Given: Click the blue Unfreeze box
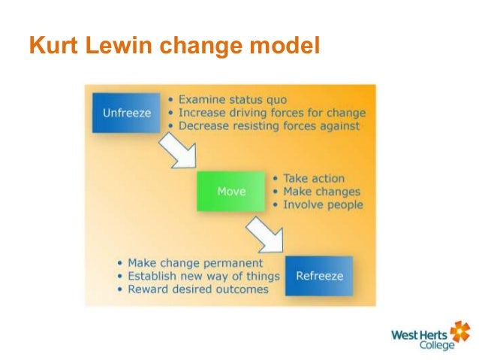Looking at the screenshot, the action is pyautogui.click(x=126, y=113).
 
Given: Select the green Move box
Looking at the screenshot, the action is pyautogui.click(x=230, y=192).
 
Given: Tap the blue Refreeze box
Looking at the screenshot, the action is pyautogui.click(x=319, y=275).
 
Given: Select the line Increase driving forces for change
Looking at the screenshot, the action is pyautogui.click(x=267, y=113).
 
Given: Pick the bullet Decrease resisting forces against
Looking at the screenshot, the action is pyautogui.click(x=264, y=126).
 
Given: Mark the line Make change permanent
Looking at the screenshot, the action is pyautogui.click(x=191, y=263).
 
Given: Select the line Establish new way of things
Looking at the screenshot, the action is pyautogui.click(x=199, y=276).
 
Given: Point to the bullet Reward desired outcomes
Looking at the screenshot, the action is pyautogui.click(x=193, y=289).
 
